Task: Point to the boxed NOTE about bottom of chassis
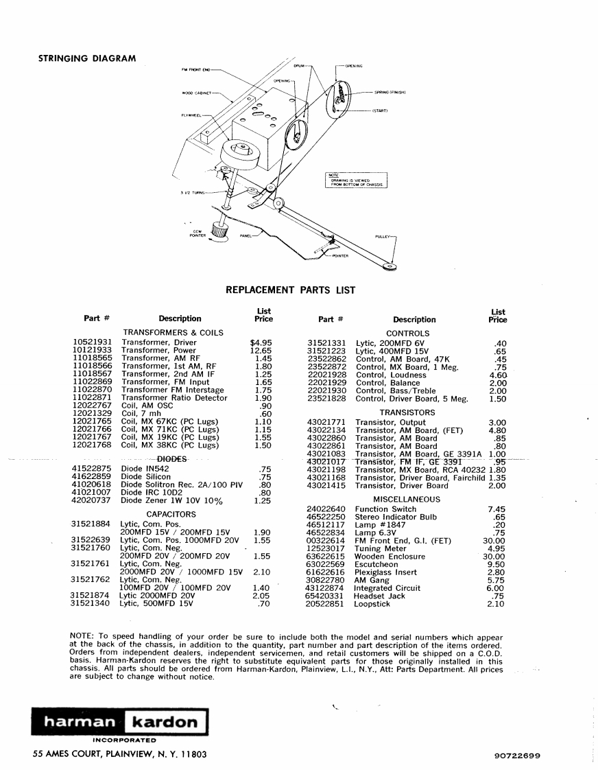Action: [356, 180]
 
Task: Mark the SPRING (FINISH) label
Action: [390, 92]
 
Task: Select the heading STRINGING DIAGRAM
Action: [86, 58]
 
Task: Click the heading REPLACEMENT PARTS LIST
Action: [291, 290]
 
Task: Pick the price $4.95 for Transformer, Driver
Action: [261, 342]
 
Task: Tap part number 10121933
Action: [93, 350]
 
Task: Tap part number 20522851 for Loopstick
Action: [326, 604]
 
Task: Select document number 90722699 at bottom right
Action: [517, 755]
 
